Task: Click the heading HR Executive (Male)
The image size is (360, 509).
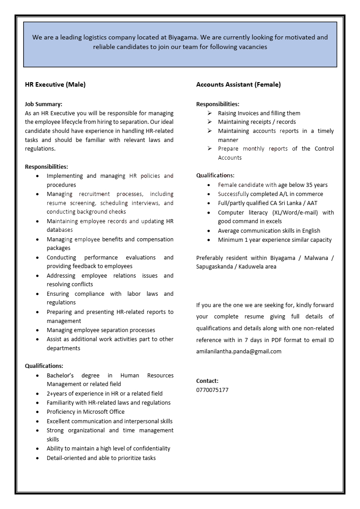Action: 55,84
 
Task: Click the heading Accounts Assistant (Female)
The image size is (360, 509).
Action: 238,84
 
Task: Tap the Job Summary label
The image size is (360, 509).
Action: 44,104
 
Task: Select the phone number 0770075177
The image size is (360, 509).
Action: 212,390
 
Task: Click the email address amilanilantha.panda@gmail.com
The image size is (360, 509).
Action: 238,351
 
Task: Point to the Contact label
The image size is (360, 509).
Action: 207,381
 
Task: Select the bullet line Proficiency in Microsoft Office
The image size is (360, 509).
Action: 85,411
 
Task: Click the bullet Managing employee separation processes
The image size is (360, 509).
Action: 101,330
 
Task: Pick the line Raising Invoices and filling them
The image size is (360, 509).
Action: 259,113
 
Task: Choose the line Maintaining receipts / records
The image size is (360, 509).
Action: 256,122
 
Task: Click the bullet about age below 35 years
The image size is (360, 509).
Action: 272,185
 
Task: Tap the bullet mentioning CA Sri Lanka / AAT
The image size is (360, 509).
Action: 267,203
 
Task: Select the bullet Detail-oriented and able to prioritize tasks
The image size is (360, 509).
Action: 101,458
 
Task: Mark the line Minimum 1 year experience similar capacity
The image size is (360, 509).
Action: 275,240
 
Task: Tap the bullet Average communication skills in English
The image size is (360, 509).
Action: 269,230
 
